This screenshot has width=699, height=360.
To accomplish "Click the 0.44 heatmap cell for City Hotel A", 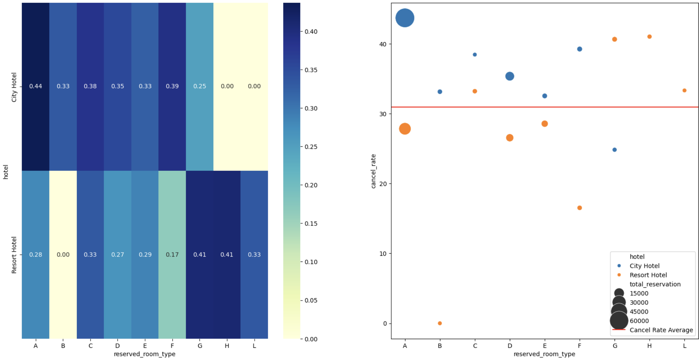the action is click(36, 86).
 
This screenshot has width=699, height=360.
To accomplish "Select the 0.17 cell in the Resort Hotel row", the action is click(172, 254).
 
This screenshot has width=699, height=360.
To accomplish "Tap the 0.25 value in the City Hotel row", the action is click(200, 86).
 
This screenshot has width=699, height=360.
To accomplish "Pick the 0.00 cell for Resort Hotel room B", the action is click(63, 254).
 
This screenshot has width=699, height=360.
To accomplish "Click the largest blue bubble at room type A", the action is click(405, 18).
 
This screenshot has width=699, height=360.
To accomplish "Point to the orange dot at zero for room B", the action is click(440, 323).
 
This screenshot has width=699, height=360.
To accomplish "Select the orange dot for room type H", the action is click(649, 37).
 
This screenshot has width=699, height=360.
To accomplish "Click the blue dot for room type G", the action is click(615, 150).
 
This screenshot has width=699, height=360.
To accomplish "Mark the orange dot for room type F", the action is click(580, 208).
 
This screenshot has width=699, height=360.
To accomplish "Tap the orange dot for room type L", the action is click(684, 90).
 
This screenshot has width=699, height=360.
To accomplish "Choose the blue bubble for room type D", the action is click(510, 76).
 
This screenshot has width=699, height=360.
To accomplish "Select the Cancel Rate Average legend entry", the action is click(653, 330).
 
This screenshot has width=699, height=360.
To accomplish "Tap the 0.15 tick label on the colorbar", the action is click(311, 224).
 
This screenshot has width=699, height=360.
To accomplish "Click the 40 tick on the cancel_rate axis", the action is click(383, 44).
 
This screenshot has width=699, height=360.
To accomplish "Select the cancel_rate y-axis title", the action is click(374, 171).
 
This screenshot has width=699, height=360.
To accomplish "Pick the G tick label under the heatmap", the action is click(200, 346).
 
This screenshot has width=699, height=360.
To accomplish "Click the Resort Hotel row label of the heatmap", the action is click(14, 255).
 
